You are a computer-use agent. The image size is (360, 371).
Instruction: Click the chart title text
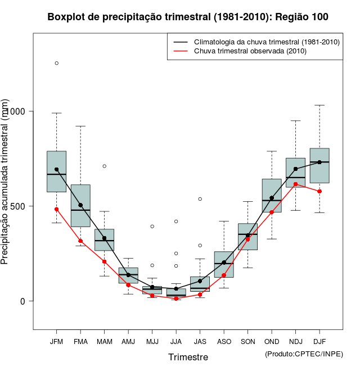click(x=188, y=17)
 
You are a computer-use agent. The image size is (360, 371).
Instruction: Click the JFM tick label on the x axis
click(x=56, y=341)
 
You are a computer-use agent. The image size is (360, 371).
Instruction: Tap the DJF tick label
click(x=319, y=341)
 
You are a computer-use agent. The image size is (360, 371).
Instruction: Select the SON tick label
click(x=247, y=341)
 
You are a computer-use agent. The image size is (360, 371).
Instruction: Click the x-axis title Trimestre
click(x=188, y=357)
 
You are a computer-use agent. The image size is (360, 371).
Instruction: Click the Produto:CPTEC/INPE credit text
click(x=304, y=354)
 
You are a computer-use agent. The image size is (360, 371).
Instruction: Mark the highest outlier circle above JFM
click(x=56, y=63)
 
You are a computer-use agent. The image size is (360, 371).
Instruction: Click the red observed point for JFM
click(x=56, y=209)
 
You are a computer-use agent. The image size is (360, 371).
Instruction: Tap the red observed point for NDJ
click(x=295, y=184)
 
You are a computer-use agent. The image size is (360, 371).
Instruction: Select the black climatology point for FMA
click(x=80, y=205)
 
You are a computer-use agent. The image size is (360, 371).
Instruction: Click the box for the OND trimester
click(x=272, y=195)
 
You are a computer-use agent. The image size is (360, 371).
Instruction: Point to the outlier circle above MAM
click(x=104, y=166)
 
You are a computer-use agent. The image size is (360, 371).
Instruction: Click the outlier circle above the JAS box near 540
click(x=200, y=199)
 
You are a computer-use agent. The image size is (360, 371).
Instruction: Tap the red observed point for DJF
click(x=319, y=191)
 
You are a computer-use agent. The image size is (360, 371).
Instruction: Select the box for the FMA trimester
click(x=80, y=205)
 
